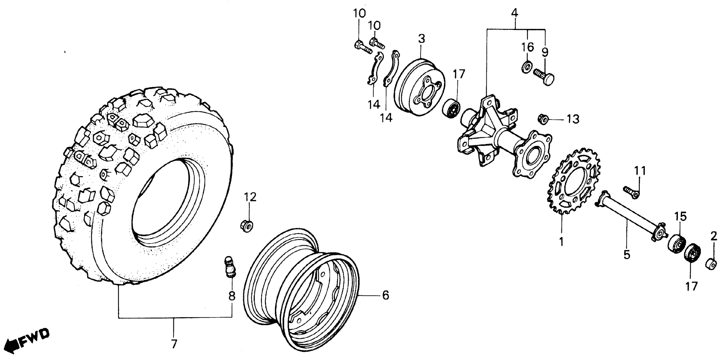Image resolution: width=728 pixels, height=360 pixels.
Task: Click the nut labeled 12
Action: (247, 225)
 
